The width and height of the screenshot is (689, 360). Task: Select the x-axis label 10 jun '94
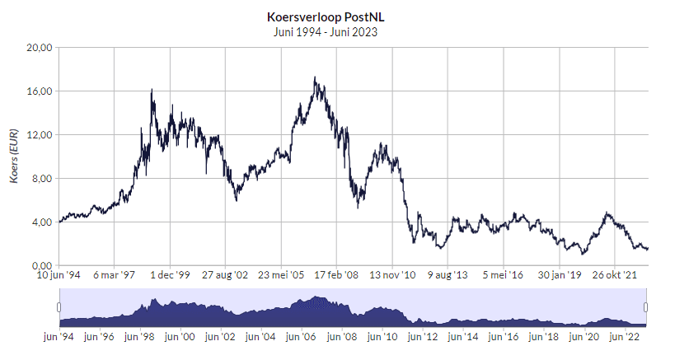(60, 275)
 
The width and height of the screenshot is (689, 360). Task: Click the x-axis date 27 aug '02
(225, 275)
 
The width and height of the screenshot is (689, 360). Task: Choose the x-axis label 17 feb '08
(336, 275)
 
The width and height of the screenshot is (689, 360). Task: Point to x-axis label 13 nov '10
(391, 275)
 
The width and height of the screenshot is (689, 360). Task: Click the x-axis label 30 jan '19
(559, 275)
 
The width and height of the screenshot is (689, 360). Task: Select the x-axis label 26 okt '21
(614, 275)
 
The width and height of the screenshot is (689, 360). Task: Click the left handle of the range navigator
(59, 308)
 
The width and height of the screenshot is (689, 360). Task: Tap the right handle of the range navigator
(646, 308)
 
